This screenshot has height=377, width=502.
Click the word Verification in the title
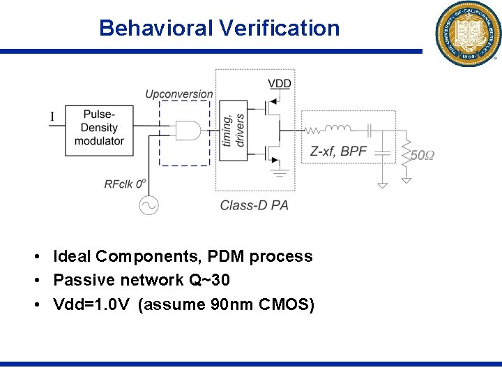(279, 28)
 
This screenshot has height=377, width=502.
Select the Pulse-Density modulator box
(99, 127)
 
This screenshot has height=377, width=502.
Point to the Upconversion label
(178, 94)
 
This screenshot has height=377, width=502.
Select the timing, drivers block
(233, 131)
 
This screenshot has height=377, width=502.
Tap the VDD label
(279, 84)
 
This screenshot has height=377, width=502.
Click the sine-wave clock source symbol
(149, 205)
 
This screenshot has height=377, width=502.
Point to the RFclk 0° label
(125, 184)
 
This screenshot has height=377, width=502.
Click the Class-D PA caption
(254, 205)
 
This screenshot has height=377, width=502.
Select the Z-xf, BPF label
(338, 151)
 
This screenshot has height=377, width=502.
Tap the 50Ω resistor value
(421, 155)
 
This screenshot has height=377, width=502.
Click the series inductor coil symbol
(341, 128)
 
